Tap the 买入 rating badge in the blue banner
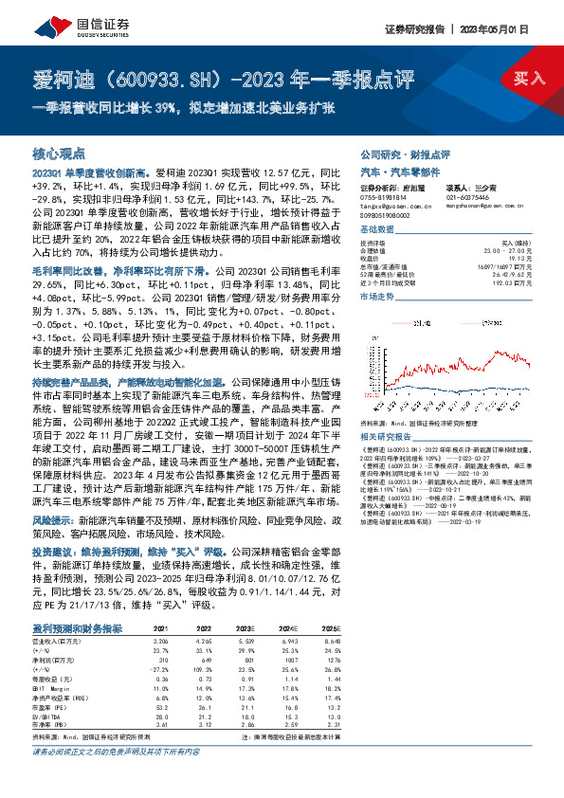(x=526, y=79)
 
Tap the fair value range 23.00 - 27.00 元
(x=503, y=250)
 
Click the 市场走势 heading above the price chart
(x=378, y=297)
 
